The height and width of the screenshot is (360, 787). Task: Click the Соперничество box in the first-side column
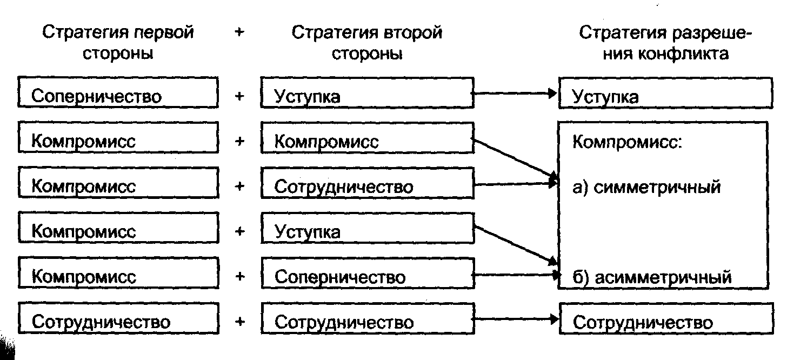click(118, 96)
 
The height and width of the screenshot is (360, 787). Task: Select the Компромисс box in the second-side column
click(368, 141)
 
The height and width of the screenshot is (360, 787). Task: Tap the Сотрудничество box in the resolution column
click(665, 322)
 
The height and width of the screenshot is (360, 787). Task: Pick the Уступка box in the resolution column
click(665, 96)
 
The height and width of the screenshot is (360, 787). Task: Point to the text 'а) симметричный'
click(646, 188)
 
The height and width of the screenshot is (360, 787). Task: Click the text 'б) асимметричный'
click(652, 277)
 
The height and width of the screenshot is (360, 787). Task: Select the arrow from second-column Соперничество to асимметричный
click(516, 275)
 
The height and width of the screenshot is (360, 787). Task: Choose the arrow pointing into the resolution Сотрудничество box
click(516, 319)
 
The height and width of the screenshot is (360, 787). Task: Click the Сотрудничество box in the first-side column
click(118, 322)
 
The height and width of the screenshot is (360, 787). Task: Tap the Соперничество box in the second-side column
click(368, 277)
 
